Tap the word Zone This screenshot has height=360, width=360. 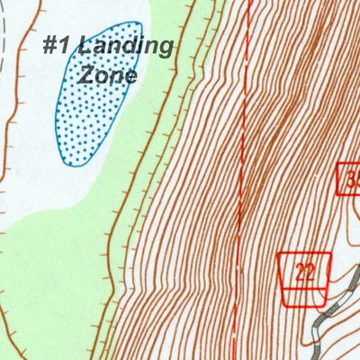(107, 75)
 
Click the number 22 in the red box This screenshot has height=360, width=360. (305, 272)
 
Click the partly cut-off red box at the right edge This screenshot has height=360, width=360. (350, 179)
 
